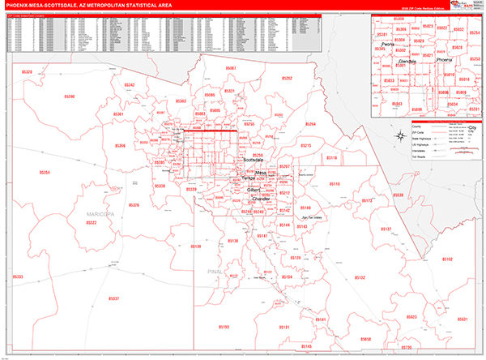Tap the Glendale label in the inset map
click(x=407, y=61)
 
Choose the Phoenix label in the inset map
click(x=444, y=59)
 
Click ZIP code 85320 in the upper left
click(x=27, y=72)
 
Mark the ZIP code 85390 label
click(x=68, y=96)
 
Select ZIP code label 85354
click(x=41, y=173)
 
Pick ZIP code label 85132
click(x=360, y=277)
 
